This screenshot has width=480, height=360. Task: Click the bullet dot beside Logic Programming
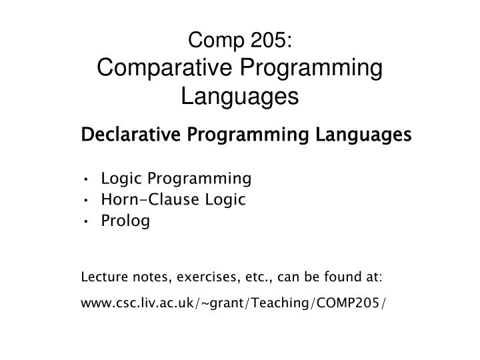pyautogui.click(x=88, y=179)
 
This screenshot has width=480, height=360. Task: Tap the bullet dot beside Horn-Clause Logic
pyautogui.click(x=88, y=200)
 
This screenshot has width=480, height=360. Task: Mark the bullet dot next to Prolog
pyautogui.click(x=88, y=221)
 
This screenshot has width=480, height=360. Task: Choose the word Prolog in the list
pyautogui.click(x=126, y=221)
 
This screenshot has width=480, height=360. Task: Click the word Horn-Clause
pyautogui.click(x=141, y=200)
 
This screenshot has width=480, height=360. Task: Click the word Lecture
pyautogui.click(x=101, y=277)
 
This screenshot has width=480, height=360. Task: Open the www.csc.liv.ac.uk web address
pyautogui.click(x=233, y=304)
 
